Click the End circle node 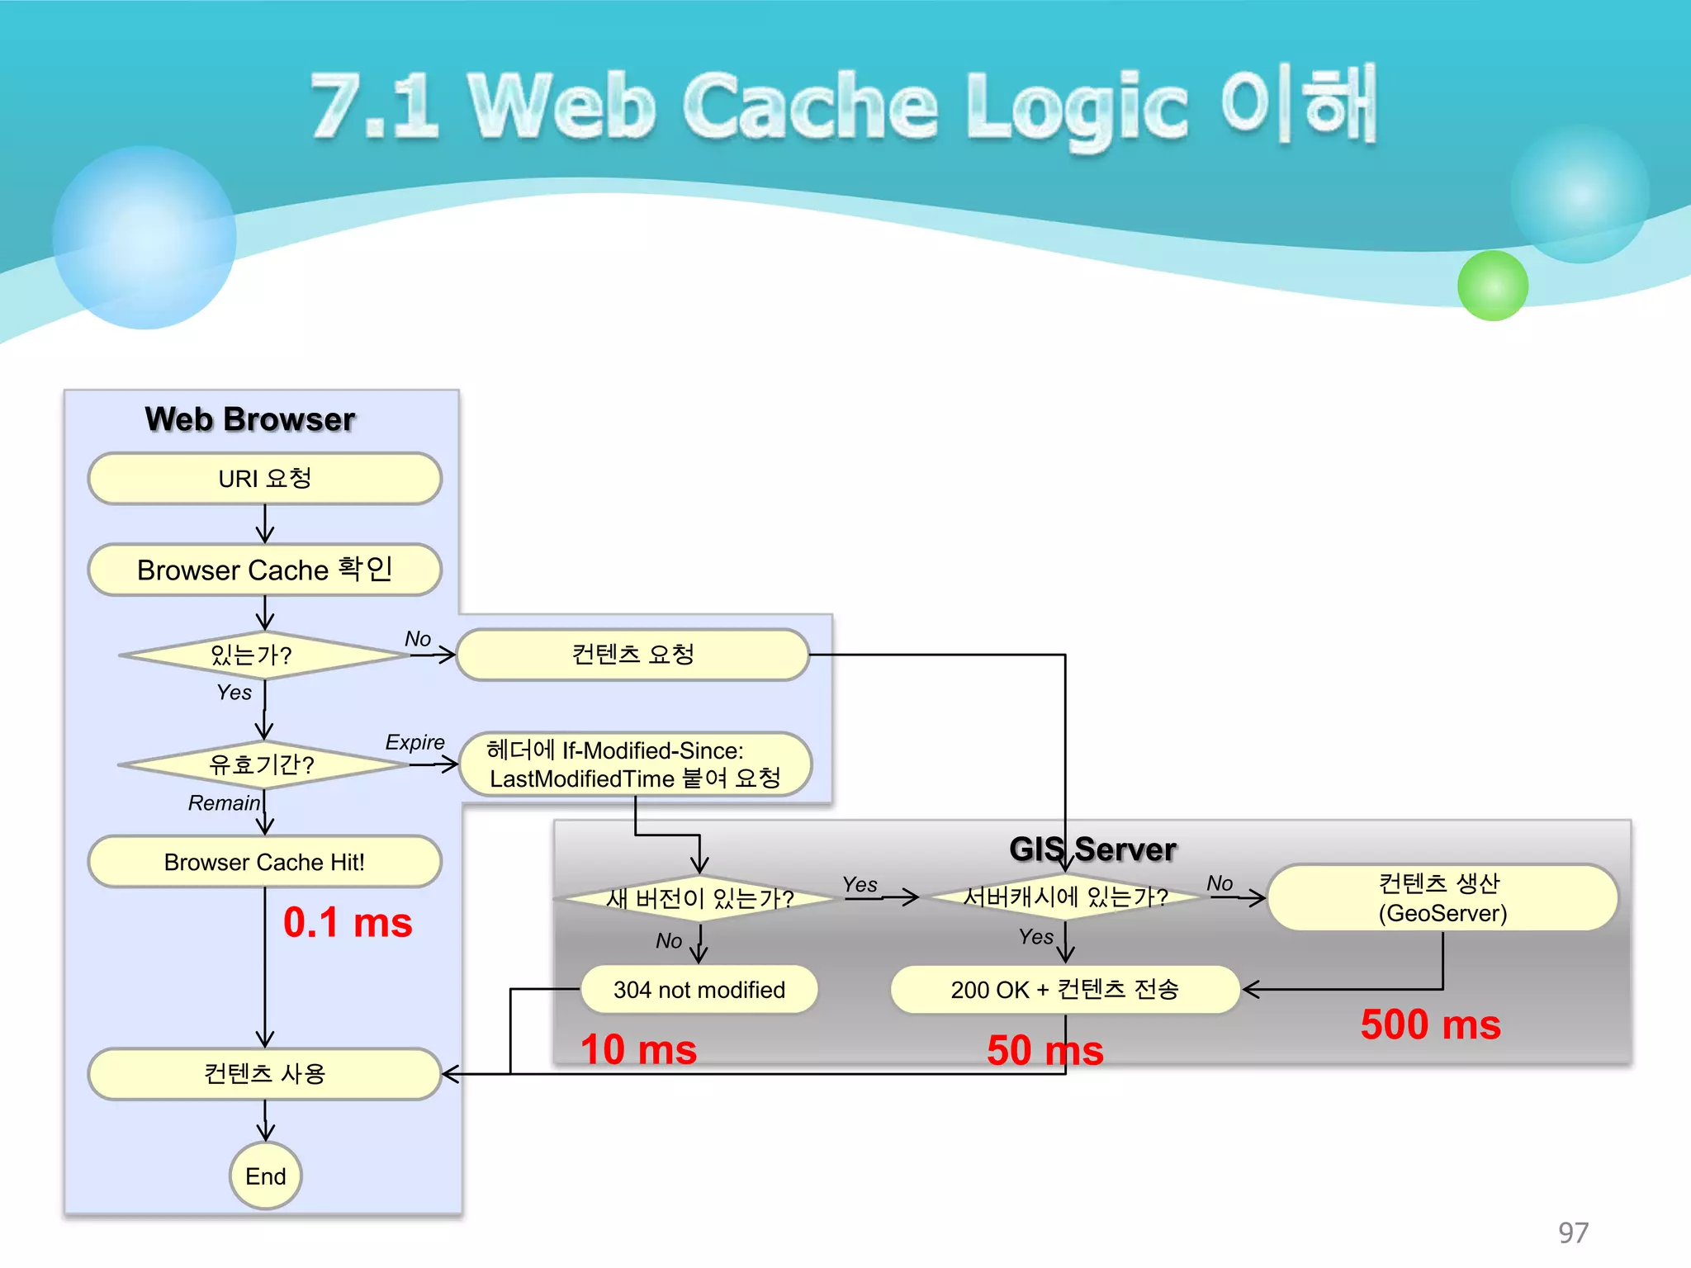click(265, 1176)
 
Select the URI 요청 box click(265, 479)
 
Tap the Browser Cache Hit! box click(265, 862)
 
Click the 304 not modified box click(699, 989)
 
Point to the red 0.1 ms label click(348, 922)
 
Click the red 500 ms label click(1430, 1024)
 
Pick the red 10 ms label click(639, 1050)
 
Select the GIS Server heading click(1092, 849)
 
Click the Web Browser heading click(250, 419)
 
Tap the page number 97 click(1573, 1233)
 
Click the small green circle click(1493, 286)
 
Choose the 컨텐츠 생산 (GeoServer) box click(1442, 898)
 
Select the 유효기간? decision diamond click(262, 764)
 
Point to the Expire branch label click(414, 742)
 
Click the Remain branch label click(224, 803)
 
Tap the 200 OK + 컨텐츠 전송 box click(1065, 989)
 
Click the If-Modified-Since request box click(635, 764)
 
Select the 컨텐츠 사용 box click(265, 1073)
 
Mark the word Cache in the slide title click(811, 106)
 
